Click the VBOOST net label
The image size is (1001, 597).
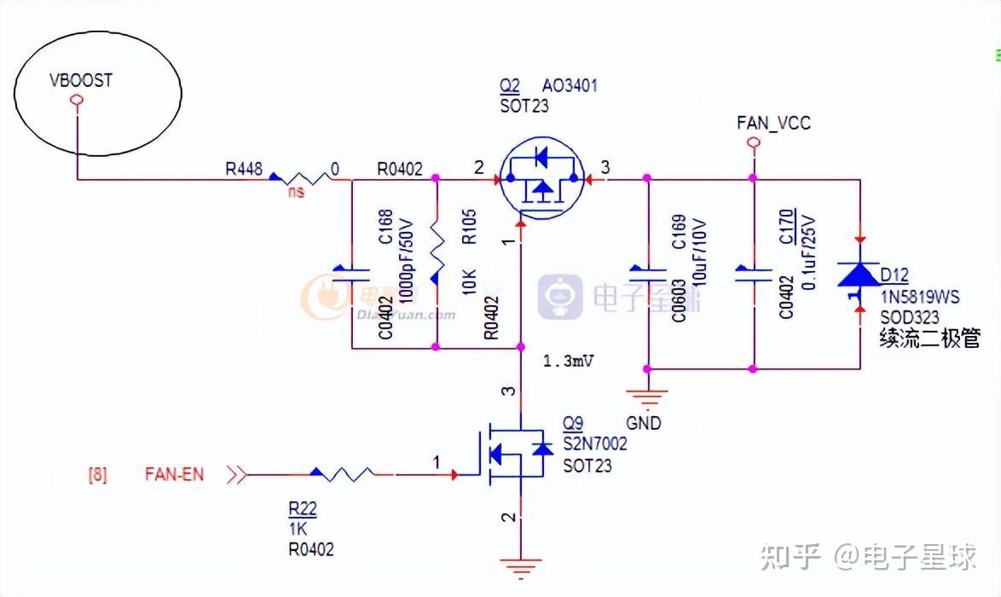click(x=81, y=81)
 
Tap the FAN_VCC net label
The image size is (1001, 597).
click(x=773, y=124)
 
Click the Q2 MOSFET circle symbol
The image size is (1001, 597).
click(x=541, y=178)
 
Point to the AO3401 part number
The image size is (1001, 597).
click(x=570, y=86)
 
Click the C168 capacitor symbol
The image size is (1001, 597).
click(x=351, y=272)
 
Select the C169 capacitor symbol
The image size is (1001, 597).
click(x=647, y=272)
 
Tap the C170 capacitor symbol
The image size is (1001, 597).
click(x=753, y=272)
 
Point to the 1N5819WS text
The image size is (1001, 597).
click(x=919, y=298)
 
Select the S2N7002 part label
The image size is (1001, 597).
click(x=595, y=444)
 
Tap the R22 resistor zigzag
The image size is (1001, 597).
click(x=342, y=473)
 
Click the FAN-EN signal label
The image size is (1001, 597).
click(x=175, y=474)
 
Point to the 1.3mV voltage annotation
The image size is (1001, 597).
click(x=568, y=361)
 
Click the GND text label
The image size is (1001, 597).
click(x=643, y=423)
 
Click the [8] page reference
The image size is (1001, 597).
click(x=98, y=474)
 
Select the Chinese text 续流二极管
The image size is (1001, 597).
click(x=929, y=339)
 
